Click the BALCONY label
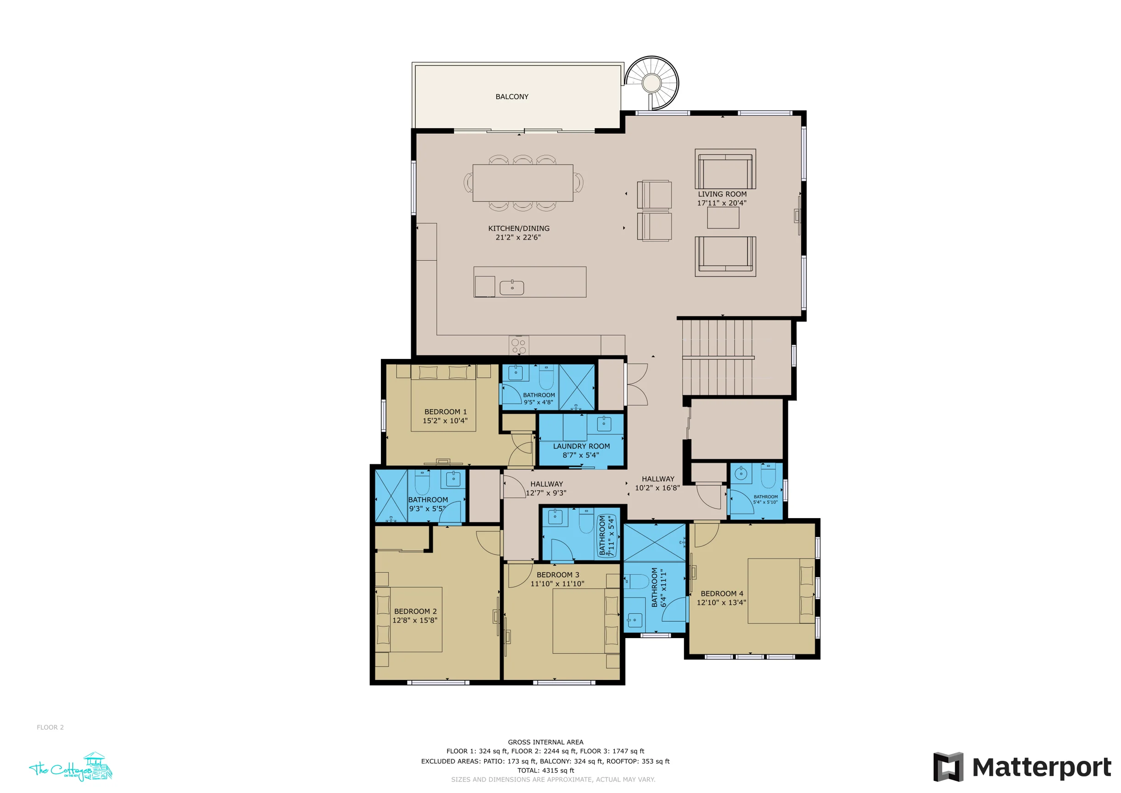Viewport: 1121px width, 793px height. (x=512, y=97)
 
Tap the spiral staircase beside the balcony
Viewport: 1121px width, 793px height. (x=652, y=83)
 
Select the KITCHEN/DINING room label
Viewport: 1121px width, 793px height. (x=519, y=228)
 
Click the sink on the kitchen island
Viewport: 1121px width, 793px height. (x=512, y=288)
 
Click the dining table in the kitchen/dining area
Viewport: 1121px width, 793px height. (x=522, y=183)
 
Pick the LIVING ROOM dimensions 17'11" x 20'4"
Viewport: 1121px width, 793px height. (x=722, y=203)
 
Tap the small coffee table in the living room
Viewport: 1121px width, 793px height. (x=723, y=218)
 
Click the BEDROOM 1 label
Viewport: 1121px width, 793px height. (x=445, y=412)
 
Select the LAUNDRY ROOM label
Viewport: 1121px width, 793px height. (x=581, y=446)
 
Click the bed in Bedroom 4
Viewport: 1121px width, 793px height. (x=781, y=591)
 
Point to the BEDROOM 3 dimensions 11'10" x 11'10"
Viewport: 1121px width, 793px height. (x=557, y=584)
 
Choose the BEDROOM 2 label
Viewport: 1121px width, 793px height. (x=415, y=611)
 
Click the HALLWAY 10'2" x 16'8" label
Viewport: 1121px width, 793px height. (x=657, y=483)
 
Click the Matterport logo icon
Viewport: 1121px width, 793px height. (x=948, y=767)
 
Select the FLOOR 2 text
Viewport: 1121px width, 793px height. (x=50, y=727)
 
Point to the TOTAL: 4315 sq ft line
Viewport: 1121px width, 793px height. (x=545, y=770)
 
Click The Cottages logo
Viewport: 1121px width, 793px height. (x=71, y=768)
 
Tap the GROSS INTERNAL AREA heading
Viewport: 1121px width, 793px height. (x=545, y=742)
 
